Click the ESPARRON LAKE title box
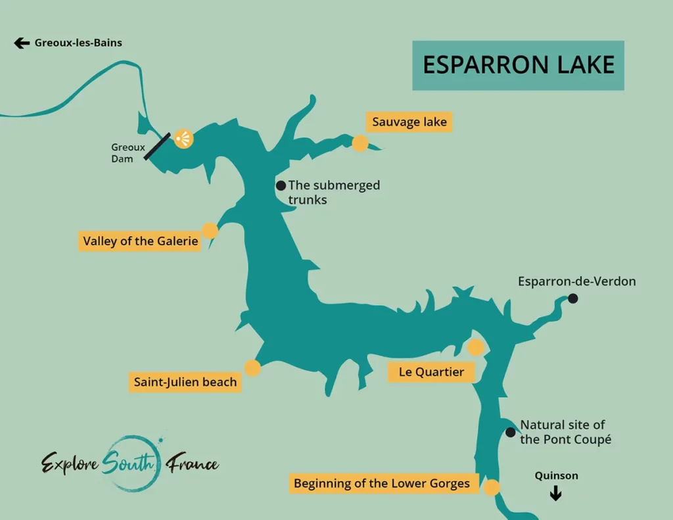point(518,65)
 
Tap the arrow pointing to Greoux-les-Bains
point(22,43)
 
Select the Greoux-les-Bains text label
point(78,43)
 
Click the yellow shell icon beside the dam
point(183,139)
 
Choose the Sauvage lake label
point(409,122)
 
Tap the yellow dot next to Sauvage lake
point(360,143)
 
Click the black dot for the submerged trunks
point(281,185)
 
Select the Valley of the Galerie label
point(141,241)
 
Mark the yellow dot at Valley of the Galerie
point(210,230)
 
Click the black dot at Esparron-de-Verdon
point(572,298)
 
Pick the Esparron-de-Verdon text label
point(576,281)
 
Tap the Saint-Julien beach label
point(185,382)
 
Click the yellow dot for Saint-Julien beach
point(252,368)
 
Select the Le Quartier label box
point(431,372)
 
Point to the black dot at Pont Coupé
point(511,432)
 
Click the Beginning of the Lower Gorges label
point(382,484)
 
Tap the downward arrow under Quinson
point(555,494)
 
